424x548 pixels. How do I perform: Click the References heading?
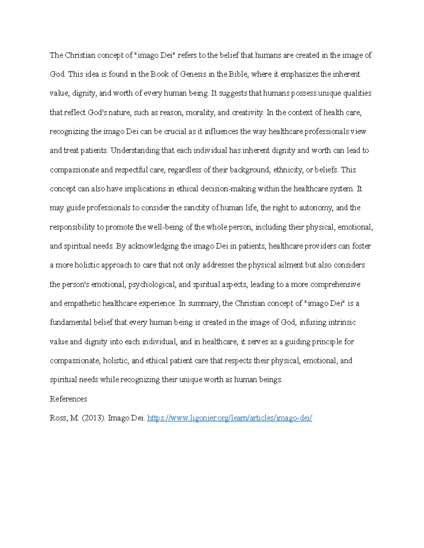pyautogui.click(x=68, y=399)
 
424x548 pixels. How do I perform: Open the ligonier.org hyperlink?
pyautogui.click(x=230, y=418)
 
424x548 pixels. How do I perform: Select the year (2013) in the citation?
pyautogui.click(x=93, y=418)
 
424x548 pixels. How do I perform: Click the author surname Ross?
pyautogui.click(x=58, y=418)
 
